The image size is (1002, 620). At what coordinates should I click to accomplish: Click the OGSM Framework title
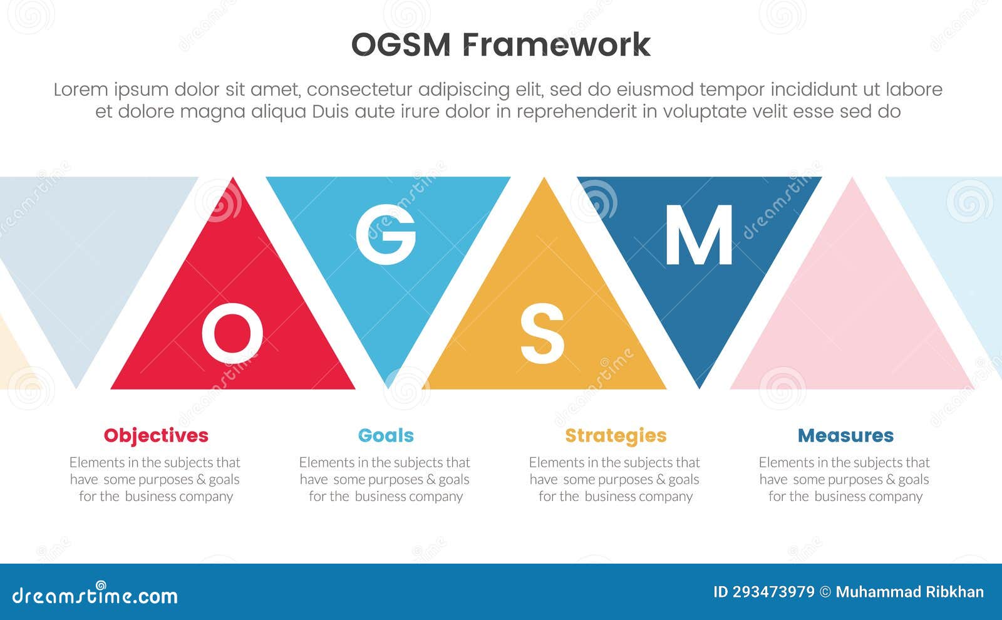500,44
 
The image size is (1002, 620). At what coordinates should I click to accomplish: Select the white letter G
386,234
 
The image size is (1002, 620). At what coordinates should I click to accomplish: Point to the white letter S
542,334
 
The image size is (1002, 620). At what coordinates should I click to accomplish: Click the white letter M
699,235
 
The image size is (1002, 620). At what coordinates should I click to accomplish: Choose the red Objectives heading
156,435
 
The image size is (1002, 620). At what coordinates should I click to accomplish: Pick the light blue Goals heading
386,435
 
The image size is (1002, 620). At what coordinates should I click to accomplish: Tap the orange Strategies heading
616,435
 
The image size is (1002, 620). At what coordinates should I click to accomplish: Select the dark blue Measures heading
845,435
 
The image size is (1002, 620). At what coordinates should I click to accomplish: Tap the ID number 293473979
764,592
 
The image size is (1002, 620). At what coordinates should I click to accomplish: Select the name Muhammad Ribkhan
909,592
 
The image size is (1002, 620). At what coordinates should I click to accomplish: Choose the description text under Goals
385,479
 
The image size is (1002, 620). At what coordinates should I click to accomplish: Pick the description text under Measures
845,479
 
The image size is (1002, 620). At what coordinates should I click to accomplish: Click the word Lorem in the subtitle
81,90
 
